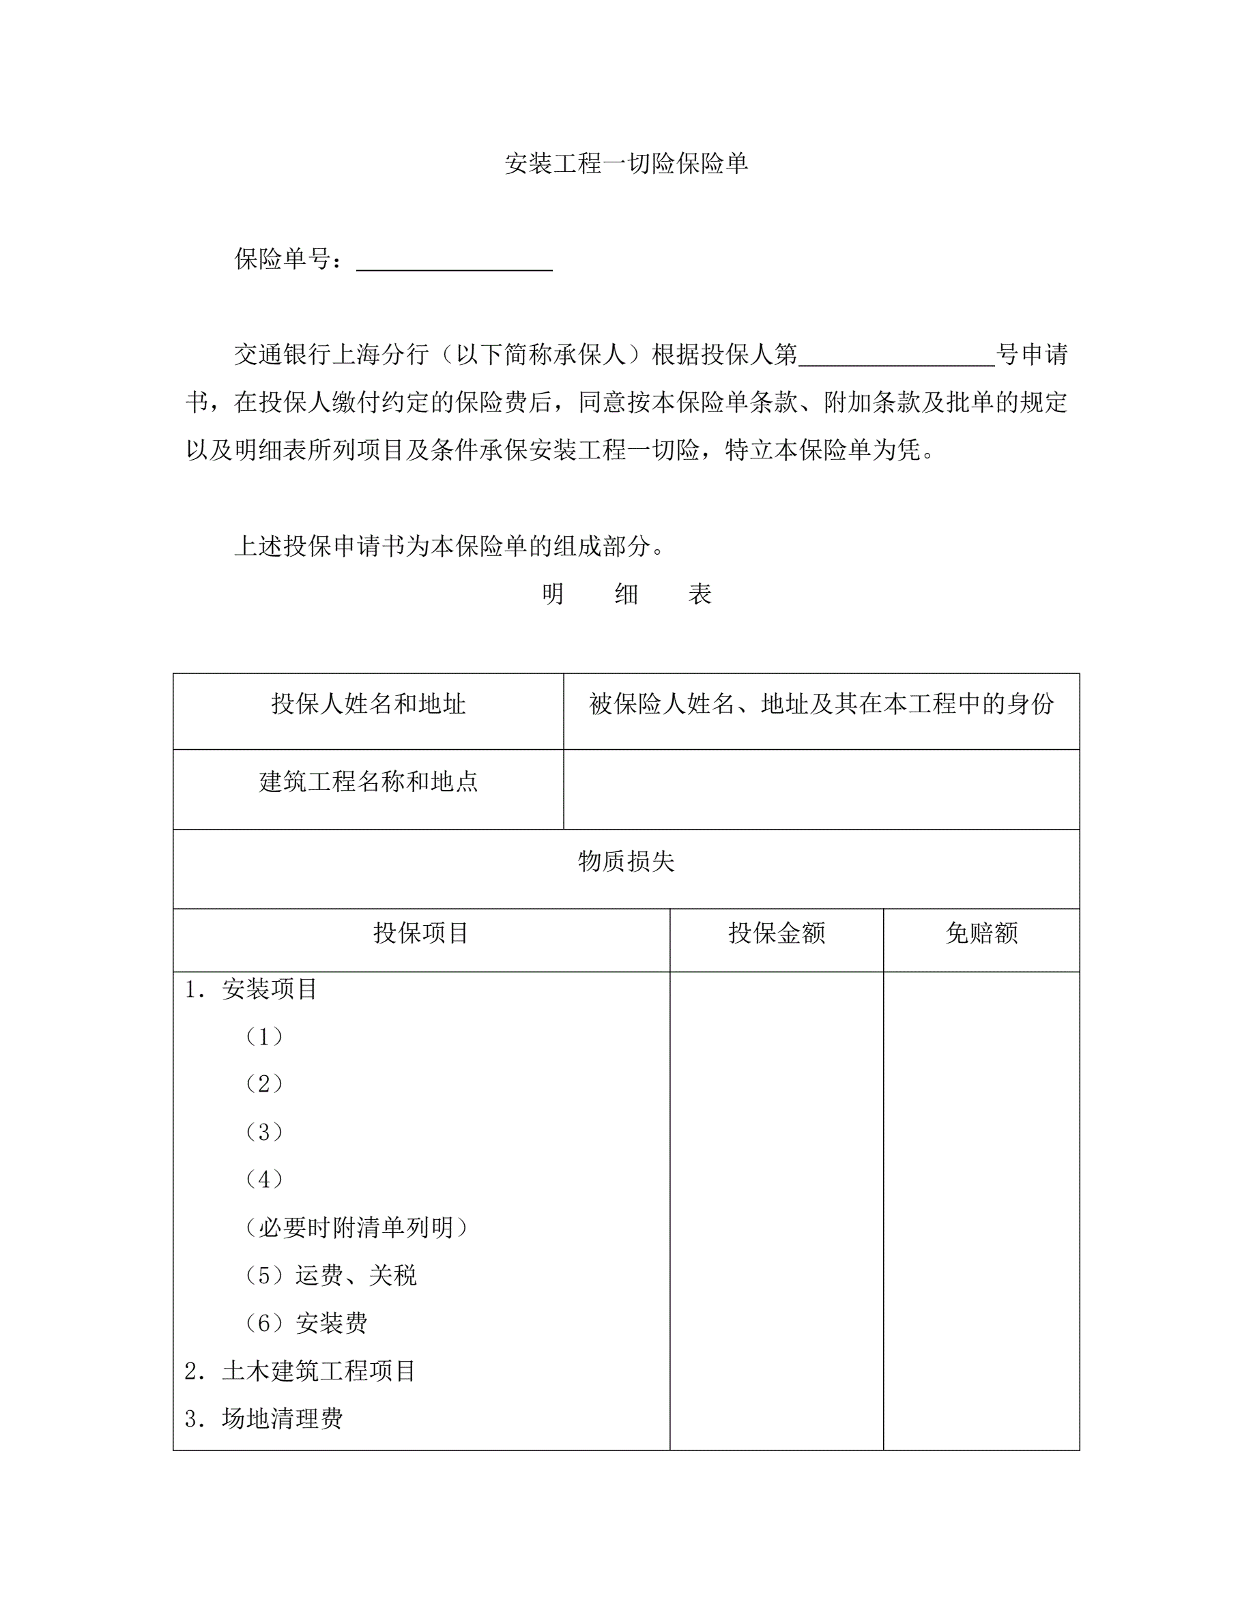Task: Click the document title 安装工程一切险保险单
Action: click(x=626, y=163)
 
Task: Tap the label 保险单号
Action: click(x=283, y=259)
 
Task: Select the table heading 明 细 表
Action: click(x=626, y=594)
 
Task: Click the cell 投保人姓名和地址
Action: click(x=368, y=703)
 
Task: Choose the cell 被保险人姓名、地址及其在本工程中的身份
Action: click(x=821, y=703)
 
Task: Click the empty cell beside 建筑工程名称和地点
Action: click(x=821, y=789)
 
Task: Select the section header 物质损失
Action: click(x=626, y=861)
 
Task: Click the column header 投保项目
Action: click(x=421, y=933)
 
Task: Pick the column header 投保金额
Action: click(x=777, y=933)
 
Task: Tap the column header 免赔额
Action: click(x=981, y=933)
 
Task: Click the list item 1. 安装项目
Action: click(x=252, y=989)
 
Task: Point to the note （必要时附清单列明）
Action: click(x=356, y=1227)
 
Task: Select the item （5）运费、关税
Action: click(x=330, y=1275)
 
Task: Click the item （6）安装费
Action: click(x=306, y=1323)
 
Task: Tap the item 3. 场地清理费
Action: click(x=264, y=1418)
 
